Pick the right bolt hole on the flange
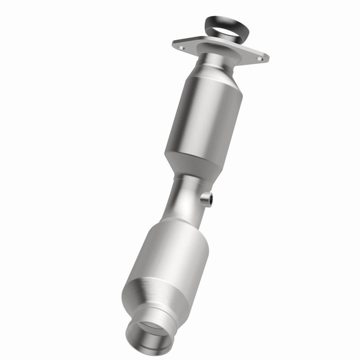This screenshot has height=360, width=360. [x=260, y=57]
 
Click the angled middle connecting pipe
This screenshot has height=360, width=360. [x=182, y=198]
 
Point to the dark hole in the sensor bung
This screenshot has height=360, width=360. [x=208, y=197]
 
